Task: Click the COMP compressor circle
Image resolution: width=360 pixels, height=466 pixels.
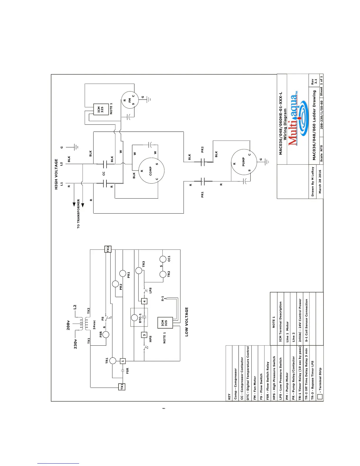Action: pyautogui.click(x=151, y=171)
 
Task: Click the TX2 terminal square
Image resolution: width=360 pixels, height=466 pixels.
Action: pyautogui.click(x=108, y=249)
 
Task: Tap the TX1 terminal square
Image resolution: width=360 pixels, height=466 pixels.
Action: pyautogui.click(x=122, y=387)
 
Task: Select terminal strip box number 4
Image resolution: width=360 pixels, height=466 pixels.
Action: pyautogui.click(x=144, y=301)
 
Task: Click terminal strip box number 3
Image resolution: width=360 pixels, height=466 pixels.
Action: pyautogui.click(x=144, y=335)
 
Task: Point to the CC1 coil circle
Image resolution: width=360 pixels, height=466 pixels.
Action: pyautogui.click(x=163, y=259)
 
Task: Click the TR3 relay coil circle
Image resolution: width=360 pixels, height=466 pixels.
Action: pyautogui.click(x=139, y=270)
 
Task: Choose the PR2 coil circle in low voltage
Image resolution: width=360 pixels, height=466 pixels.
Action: pyautogui.click(x=116, y=284)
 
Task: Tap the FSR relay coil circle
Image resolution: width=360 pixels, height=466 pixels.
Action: pyautogui.click(x=105, y=334)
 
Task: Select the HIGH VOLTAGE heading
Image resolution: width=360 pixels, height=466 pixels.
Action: pyautogui.click(x=56, y=174)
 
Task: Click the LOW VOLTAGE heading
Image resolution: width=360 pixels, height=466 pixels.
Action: pyautogui.click(x=187, y=322)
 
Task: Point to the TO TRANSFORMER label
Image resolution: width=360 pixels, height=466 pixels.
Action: pyautogui.click(x=78, y=214)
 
